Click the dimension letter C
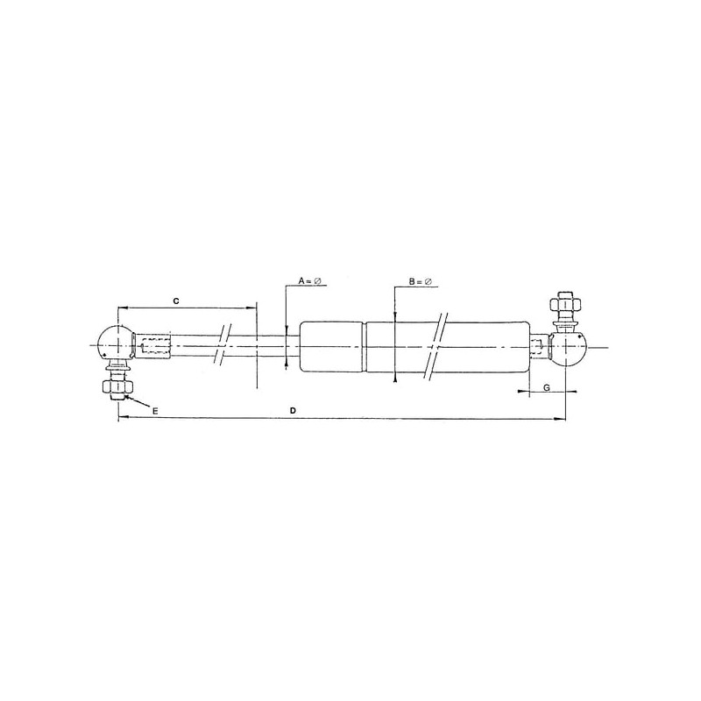tap(176, 301)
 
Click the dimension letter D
tap(293, 410)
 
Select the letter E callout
tap(155, 411)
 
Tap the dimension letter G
tap(547, 387)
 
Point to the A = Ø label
tap(310, 280)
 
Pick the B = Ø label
tap(421, 281)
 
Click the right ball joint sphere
tap(568, 348)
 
